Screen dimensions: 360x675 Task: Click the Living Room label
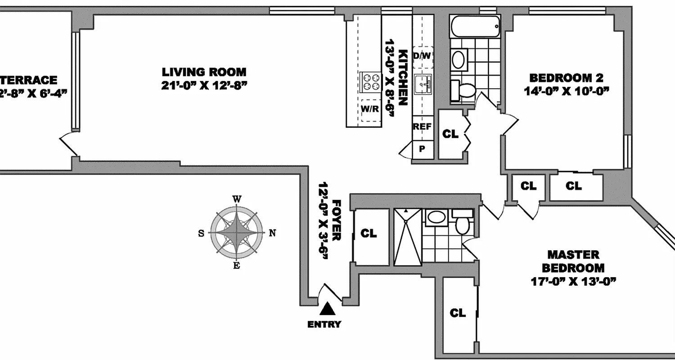click(x=204, y=72)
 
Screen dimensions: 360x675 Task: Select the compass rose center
click(x=237, y=233)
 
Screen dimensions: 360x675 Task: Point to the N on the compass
click(x=272, y=233)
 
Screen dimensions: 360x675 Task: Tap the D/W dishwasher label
click(x=422, y=56)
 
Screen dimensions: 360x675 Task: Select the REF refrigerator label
click(x=422, y=126)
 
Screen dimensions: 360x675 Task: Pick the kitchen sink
click(x=423, y=84)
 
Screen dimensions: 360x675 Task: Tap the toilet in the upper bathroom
click(x=463, y=90)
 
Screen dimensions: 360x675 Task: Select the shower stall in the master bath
click(x=408, y=237)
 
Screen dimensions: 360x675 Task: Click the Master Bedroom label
click(x=572, y=261)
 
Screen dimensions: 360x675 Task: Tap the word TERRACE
click(x=29, y=80)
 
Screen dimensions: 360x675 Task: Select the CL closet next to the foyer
click(x=369, y=233)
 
